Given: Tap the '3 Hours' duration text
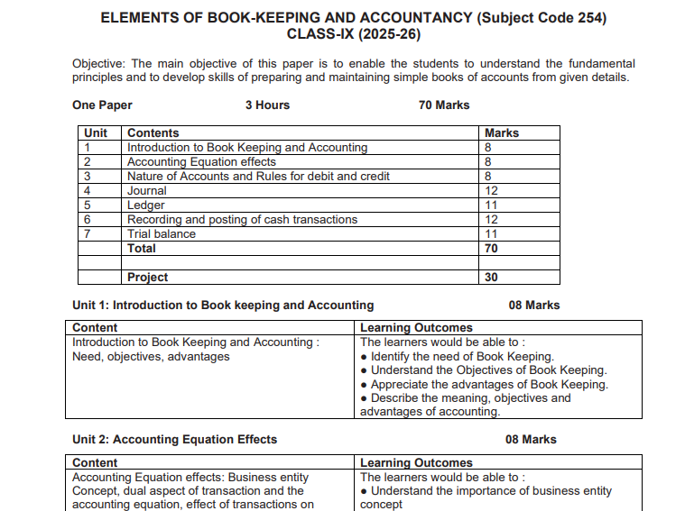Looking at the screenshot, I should click(267, 105).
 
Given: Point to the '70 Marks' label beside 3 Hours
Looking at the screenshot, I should click(444, 105).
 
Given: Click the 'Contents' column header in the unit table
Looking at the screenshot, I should click(153, 132).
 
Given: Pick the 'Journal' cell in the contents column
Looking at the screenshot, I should click(146, 190).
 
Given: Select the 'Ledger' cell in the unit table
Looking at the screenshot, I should click(146, 205).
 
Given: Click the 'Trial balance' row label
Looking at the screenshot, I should click(161, 233).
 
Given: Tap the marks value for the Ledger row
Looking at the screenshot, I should click(491, 205).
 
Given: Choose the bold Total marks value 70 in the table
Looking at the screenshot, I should click(491, 248).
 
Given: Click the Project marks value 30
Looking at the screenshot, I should click(491, 278).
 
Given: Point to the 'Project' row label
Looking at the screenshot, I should click(147, 278).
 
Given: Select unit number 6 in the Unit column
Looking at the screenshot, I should click(87, 219).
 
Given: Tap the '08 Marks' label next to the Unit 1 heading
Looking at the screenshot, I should click(533, 306).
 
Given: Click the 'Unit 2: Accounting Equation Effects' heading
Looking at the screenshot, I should click(174, 440).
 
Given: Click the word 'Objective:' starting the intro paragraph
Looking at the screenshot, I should click(98, 64).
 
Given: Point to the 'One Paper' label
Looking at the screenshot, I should click(102, 105).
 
